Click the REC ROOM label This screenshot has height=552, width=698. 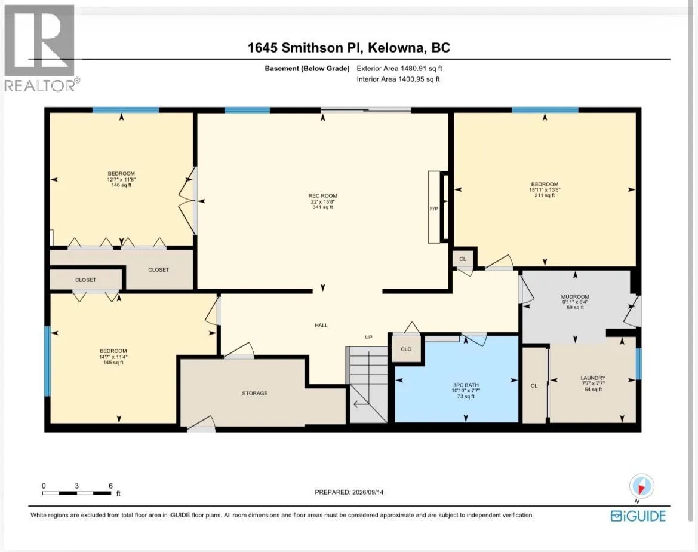[323, 195]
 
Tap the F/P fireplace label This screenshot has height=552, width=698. [433, 208]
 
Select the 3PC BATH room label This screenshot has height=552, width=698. [466, 385]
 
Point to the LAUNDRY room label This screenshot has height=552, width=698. [593, 378]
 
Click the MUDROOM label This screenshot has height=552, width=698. [575, 296]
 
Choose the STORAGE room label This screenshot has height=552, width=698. [254, 394]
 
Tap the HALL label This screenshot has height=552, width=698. [321, 325]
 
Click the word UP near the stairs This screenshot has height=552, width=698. [368, 338]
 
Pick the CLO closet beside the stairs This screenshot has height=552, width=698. [406, 349]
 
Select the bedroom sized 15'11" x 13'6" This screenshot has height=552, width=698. [545, 189]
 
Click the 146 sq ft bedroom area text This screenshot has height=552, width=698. [121, 185]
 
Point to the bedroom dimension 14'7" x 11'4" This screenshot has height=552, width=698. [113, 357]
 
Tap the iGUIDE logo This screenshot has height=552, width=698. [638, 516]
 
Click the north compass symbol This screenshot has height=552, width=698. [641, 486]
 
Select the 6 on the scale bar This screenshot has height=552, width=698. [110, 486]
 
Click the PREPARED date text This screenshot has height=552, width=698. [349, 492]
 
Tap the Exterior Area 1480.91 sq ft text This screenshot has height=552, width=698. [399, 69]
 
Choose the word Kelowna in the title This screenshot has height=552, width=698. [397, 48]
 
